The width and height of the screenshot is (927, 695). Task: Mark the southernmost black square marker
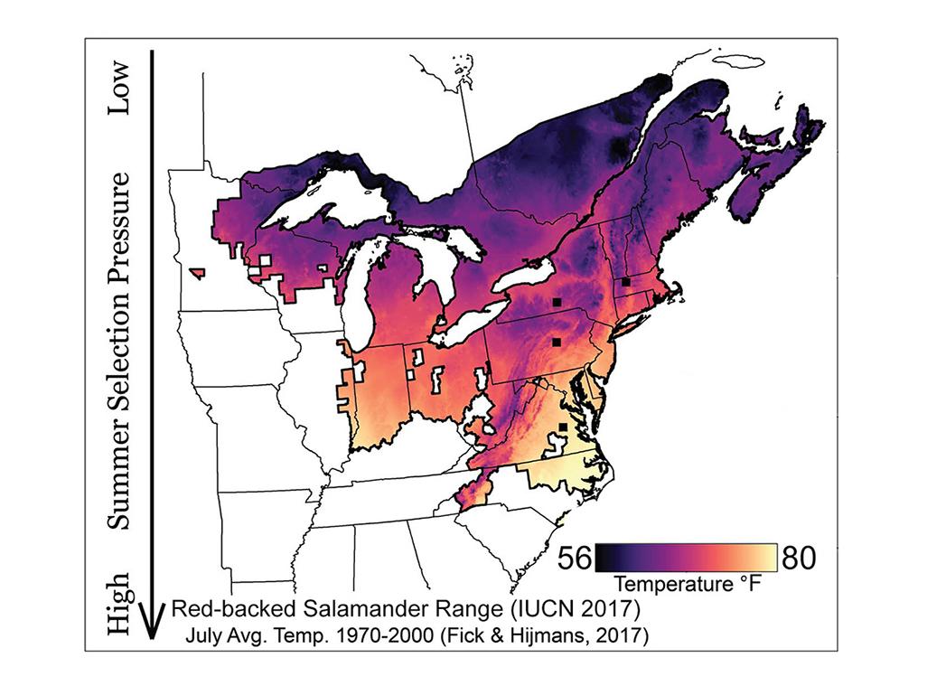(x=562, y=427)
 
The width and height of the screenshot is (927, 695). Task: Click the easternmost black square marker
(x=625, y=282)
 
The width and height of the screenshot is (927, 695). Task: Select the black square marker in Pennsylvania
(x=557, y=342)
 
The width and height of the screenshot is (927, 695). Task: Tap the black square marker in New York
(x=557, y=302)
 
